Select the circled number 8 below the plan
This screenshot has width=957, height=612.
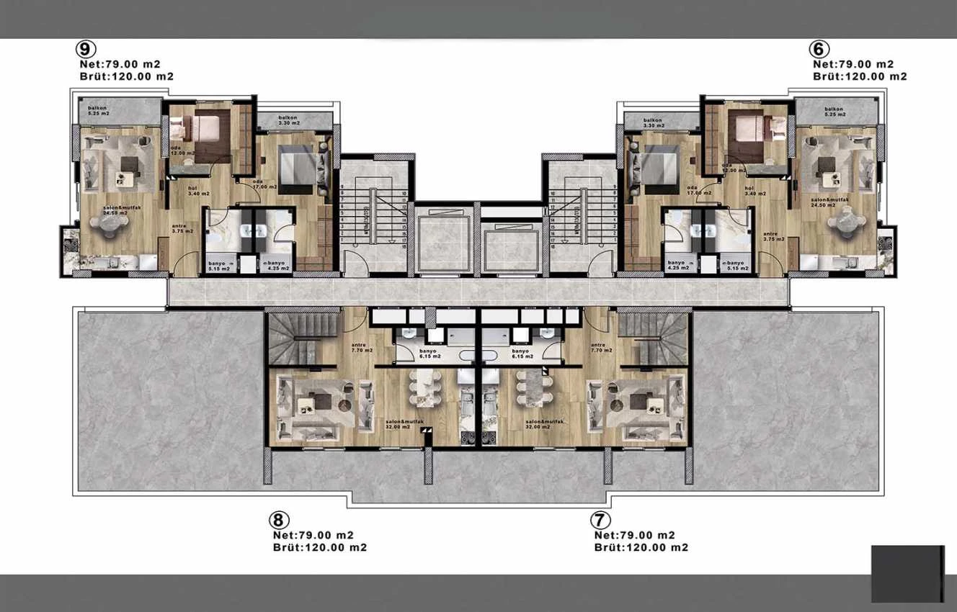click(279, 520)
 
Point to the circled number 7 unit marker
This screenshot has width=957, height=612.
click(600, 520)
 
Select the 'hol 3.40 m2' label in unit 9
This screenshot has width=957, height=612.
click(177, 191)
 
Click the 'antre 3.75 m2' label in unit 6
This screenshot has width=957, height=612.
click(770, 237)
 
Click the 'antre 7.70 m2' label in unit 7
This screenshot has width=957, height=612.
click(600, 348)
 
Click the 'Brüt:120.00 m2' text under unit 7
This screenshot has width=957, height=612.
click(641, 547)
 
